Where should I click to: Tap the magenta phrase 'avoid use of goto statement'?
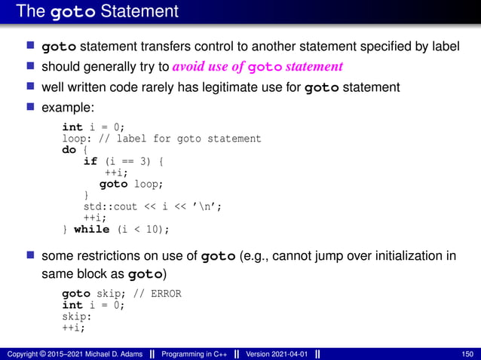257,66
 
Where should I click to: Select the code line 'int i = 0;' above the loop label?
93,127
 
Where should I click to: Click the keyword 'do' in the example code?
69,150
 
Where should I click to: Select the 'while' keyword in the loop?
91,229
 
